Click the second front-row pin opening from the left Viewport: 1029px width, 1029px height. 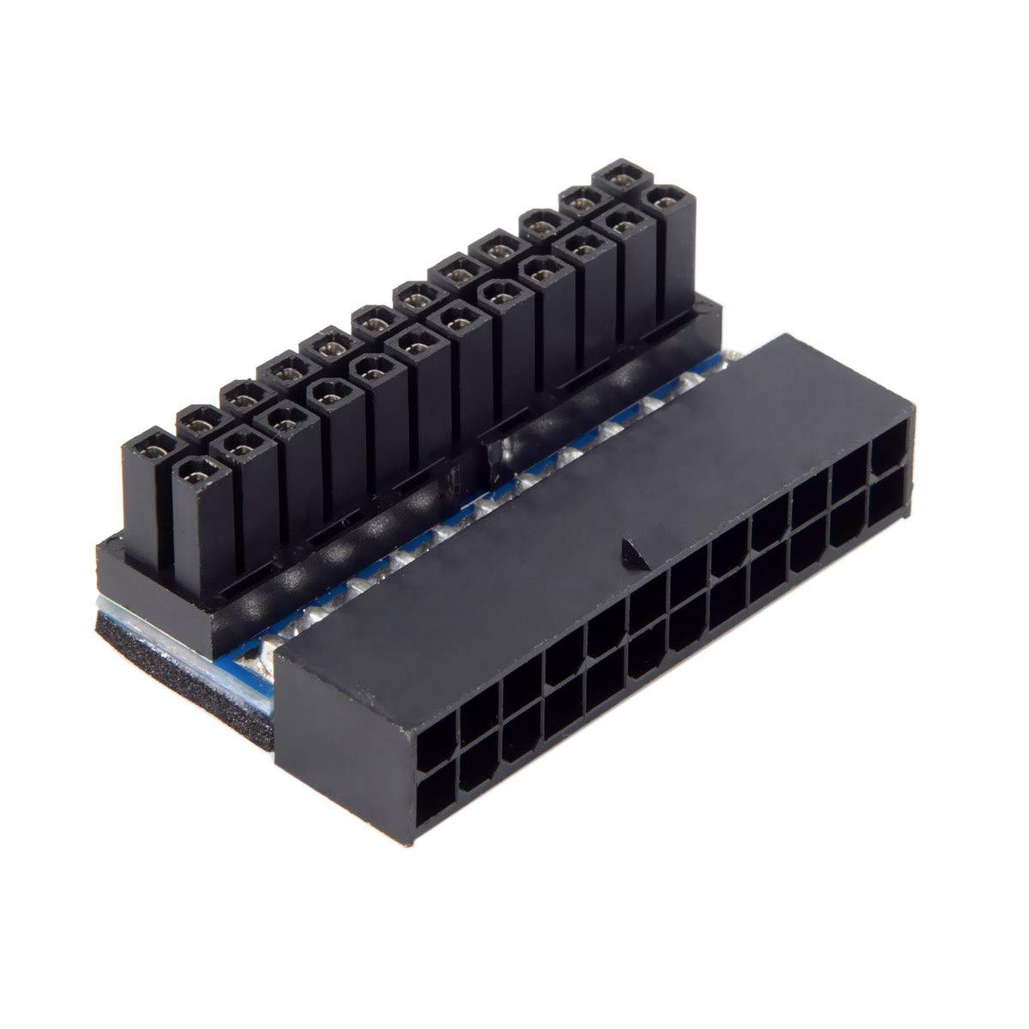tap(240, 442)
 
